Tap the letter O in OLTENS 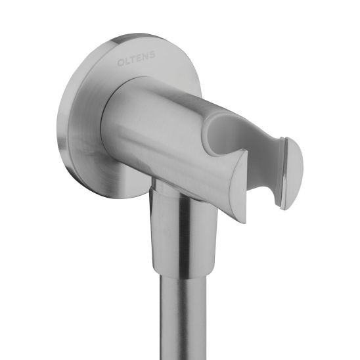point(120,63)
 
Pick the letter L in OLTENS point(127,62)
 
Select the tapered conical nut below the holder point(185,233)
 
